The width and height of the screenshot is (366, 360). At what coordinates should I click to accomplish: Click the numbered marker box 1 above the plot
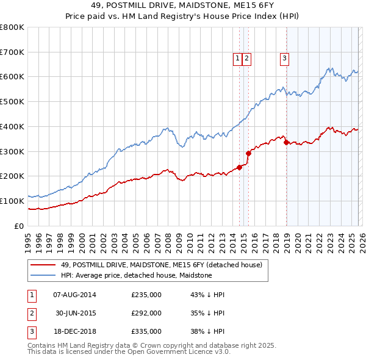coord(237,59)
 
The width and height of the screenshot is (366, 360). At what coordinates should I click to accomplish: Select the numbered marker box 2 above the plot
coord(246,59)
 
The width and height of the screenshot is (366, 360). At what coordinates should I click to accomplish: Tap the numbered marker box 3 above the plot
coord(284,59)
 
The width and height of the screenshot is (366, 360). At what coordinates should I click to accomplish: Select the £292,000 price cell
coord(146,313)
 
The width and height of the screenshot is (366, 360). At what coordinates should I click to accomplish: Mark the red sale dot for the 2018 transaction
coord(286,143)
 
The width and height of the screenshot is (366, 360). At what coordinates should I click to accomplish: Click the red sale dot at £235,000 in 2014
coord(239,168)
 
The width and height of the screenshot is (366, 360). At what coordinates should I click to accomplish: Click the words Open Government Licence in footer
coord(155,351)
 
